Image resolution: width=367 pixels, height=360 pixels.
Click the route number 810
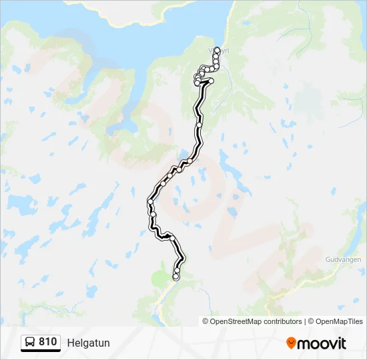(47, 342)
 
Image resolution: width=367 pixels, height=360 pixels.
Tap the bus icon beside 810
(31, 343)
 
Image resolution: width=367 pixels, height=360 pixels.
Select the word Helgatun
(88, 343)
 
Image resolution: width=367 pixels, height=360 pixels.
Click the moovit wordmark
(322, 343)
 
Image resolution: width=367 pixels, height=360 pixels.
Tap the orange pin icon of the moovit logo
(291, 343)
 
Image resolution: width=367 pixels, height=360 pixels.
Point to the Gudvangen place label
(343, 259)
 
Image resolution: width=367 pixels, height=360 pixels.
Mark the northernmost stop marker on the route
(217, 49)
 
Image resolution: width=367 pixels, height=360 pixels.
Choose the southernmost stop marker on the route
(175, 277)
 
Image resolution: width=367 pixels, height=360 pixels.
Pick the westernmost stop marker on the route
(150, 201)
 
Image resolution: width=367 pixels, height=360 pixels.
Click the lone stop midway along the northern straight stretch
(199, 125)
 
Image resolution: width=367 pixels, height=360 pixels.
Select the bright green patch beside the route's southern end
(159, 279)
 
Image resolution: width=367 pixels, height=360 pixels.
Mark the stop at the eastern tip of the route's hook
(211, 81)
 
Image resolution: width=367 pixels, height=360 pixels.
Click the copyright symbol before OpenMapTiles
(311, 321)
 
